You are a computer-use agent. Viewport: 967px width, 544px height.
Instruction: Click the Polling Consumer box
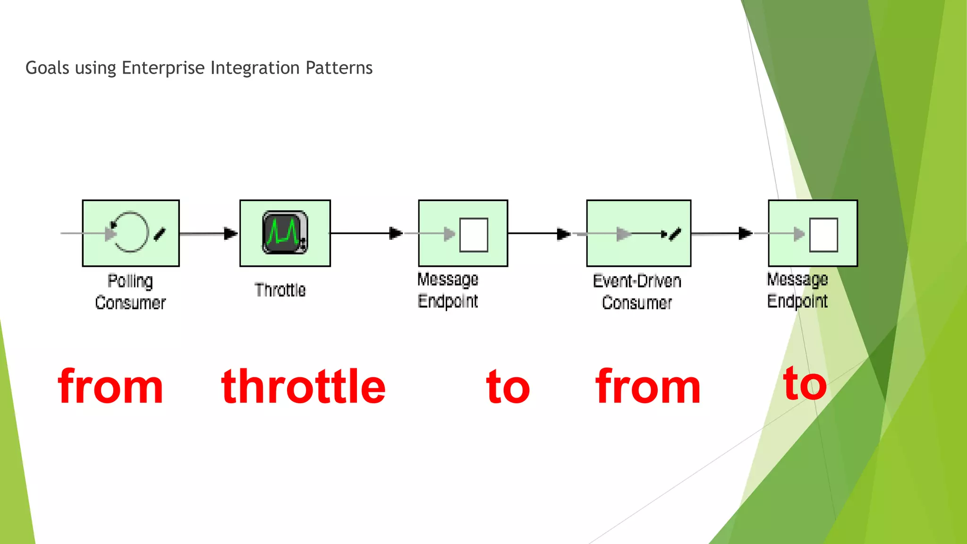pyautogui.click(x=131, y=233)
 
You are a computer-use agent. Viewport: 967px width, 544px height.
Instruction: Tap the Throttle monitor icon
pyautogui.click(x=285, y=232)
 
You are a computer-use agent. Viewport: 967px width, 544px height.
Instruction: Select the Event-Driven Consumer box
pyautogui.click(x=638, y=233)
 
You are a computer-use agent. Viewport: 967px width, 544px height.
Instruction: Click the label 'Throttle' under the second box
pyautogui.click(x=280, y=289)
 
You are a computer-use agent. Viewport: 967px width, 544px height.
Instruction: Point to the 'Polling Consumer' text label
pyautogui.click(x=130, y=292)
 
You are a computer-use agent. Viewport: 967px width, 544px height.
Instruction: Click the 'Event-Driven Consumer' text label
pyautogui.click(x=637, y=292)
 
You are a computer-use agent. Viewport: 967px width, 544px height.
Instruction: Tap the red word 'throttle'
pyautogui.click(x=303, y=387)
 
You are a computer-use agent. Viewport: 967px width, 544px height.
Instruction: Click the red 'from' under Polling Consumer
pyautogui.click(x=110, y=387)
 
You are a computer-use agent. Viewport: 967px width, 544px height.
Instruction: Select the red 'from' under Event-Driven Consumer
pyautogui.click(x=648, y=387)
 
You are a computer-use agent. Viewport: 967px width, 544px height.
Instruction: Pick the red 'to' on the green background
pyautogui.click(x=805, y=385)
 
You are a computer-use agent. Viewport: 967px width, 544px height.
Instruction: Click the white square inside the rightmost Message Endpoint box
pyautogui.click(x=823, y=235)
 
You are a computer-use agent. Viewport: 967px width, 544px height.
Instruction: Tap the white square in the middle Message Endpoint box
pyautogui.click(x=474, y=235)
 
